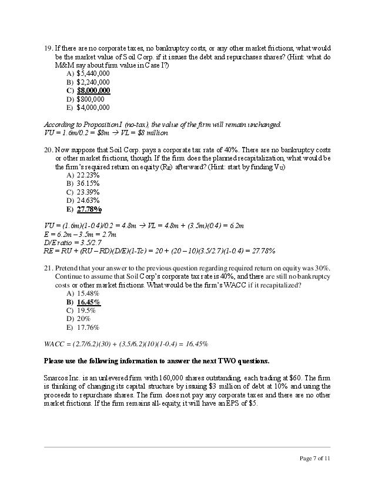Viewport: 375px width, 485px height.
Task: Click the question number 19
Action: click(49, 48)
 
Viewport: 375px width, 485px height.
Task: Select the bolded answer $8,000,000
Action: click(93, 91)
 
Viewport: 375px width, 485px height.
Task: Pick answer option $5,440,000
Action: click(93, 73)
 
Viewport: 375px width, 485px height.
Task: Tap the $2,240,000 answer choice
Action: click(93, 82)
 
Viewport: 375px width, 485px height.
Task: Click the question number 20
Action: click(49, 150)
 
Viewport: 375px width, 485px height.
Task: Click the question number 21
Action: click(49, 268)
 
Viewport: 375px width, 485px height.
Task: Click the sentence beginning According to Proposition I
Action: click(162, 125)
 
